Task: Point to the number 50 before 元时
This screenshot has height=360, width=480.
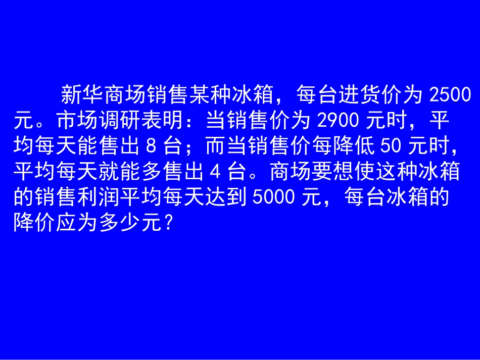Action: [389, 146]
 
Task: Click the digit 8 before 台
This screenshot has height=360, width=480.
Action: [150, 146]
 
